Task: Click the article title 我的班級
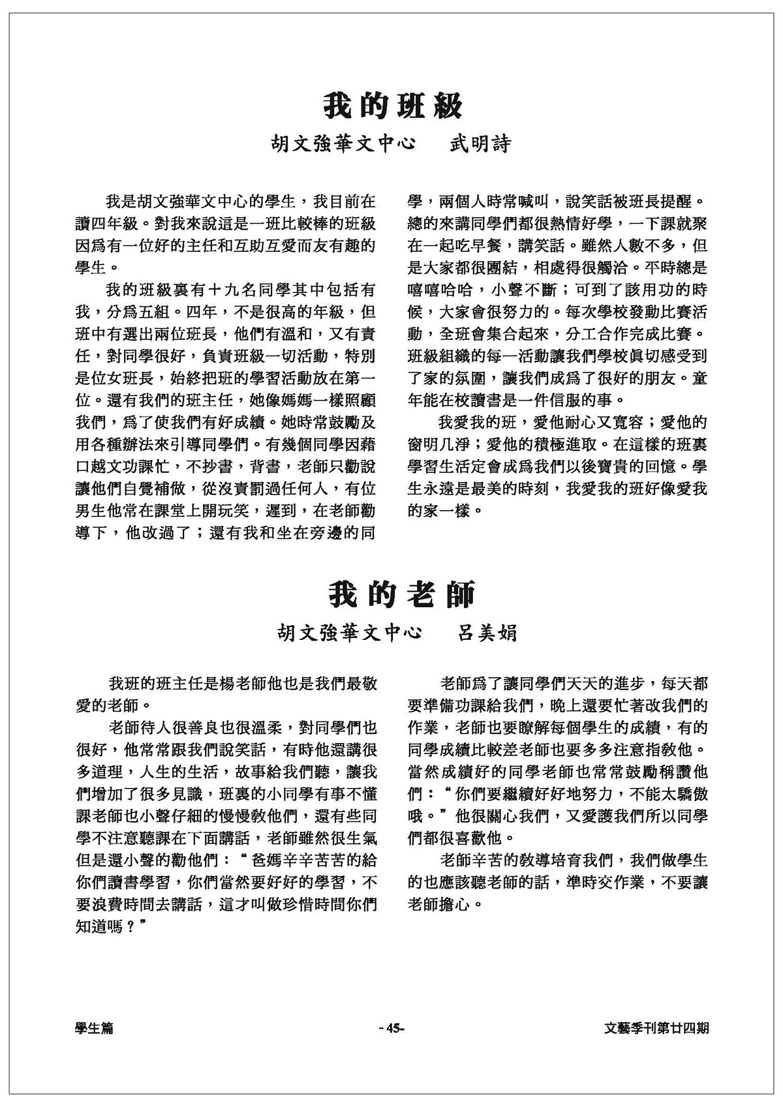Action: (393, 105)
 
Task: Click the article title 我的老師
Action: (401, 594)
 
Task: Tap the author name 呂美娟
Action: (487, 633)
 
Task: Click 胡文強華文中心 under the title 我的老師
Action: (349, 633)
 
